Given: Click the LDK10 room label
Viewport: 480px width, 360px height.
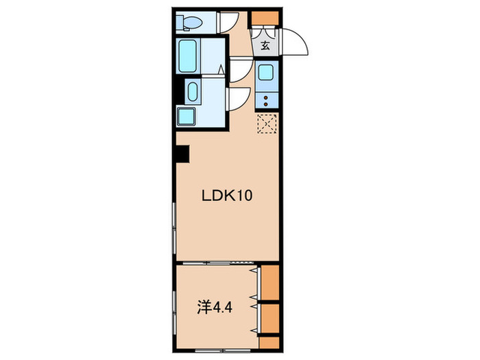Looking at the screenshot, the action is [227, 195].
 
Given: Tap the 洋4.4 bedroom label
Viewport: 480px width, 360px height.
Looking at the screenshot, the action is [214, 307].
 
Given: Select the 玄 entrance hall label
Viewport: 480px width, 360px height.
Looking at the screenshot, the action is [265, 46].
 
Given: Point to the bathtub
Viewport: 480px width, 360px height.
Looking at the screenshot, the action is [188, 56].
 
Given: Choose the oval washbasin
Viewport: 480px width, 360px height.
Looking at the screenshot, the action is [193, 92].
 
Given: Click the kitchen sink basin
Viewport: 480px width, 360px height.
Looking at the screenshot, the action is [266, 72].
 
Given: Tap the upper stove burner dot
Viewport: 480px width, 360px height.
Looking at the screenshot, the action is [266, 98].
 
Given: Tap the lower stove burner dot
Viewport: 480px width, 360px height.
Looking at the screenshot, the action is [266, 104].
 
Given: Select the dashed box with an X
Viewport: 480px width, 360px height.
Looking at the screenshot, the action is [267, 123].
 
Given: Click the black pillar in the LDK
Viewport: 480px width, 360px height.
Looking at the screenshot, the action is [183, 154].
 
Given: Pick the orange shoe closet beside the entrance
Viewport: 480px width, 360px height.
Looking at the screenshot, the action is [265, 18].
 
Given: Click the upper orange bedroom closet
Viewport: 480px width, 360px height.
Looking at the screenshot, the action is [270, 283].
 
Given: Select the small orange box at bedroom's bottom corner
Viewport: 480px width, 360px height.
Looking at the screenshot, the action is [269, 343].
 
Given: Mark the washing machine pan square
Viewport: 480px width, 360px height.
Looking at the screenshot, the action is [187, 117].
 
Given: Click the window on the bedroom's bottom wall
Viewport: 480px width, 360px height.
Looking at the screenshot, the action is [224, 350].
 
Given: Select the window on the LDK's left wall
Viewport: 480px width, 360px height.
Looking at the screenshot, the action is [174, 228].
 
